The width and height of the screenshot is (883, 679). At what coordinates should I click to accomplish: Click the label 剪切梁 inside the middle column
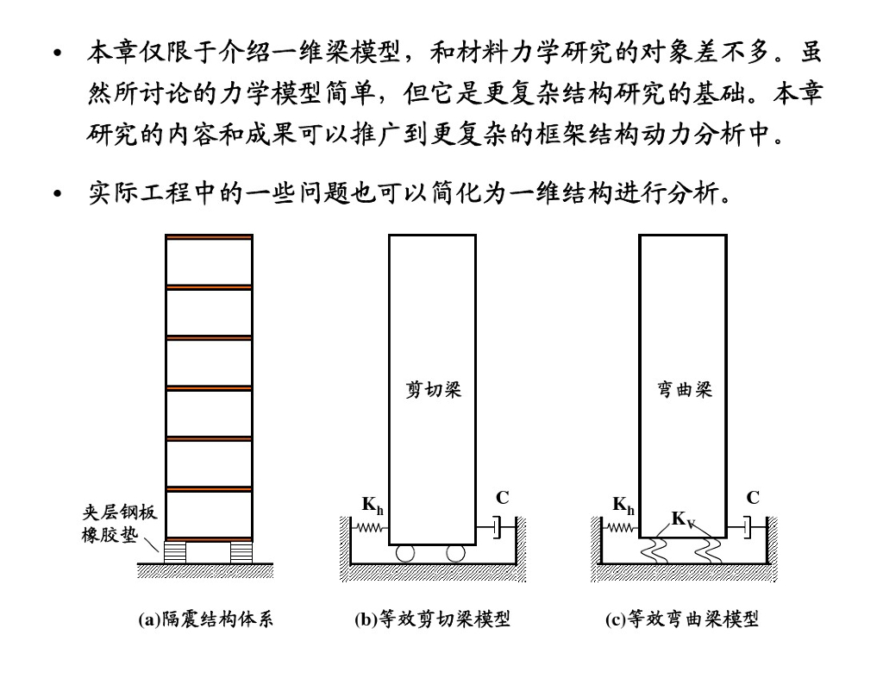433,390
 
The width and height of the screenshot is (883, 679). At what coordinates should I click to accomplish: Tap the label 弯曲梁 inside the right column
683,390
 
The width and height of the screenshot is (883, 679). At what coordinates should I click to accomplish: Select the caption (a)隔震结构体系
206,619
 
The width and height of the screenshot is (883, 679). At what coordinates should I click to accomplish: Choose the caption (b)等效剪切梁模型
432,619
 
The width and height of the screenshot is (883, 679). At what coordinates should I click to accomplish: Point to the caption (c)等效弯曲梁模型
682,619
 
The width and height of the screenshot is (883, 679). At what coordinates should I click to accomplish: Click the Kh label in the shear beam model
373,506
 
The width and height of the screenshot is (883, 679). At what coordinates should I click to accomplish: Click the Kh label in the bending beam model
623,506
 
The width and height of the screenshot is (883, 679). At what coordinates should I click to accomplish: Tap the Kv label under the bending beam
683,519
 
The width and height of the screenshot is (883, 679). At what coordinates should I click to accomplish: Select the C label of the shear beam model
503,499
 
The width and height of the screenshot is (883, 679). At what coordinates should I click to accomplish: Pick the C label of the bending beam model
753,499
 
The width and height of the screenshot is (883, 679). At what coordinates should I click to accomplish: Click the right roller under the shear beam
456,552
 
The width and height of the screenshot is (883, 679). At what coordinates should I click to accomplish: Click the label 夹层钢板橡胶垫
114,524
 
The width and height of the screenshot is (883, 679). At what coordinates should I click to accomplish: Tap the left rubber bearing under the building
175,550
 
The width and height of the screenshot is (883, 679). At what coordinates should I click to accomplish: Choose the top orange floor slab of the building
209,236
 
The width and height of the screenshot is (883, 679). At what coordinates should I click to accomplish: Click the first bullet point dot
59,54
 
